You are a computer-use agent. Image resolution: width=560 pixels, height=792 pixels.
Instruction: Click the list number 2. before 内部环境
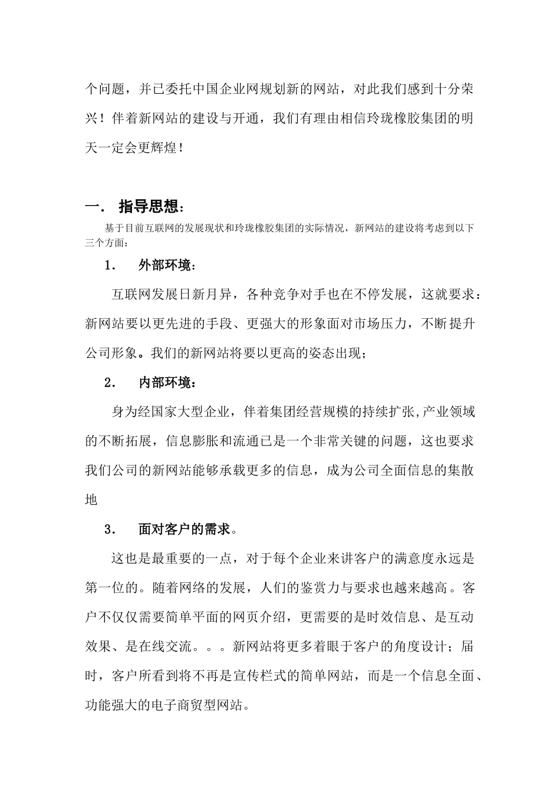click(x=110, y=383)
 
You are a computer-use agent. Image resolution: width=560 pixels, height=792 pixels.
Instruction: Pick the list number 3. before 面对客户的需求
click(x=110, y=529)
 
